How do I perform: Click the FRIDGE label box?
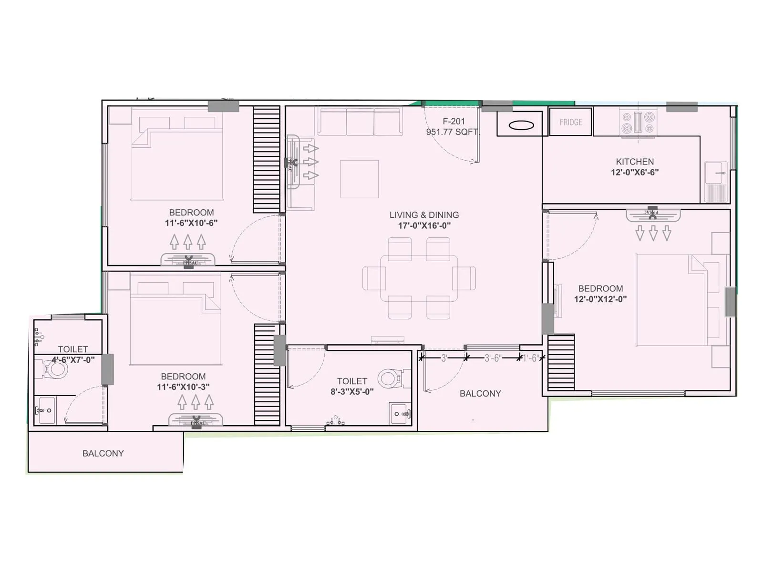[571, 122]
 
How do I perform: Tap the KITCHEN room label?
[635, 162]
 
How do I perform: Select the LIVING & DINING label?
[424, 215]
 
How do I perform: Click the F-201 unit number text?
[454, 121]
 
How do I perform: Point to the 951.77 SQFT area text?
[453, 132]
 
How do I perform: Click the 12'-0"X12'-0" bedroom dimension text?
[600, 299]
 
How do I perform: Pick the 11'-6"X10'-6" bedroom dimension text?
[191, 223]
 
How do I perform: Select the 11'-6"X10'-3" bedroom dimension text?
[183, 387]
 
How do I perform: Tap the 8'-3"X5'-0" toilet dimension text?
[352, 391]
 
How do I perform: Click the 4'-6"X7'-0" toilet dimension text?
[73, 360]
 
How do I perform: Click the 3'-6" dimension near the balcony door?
[493, 358]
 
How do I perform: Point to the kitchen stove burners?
[638, 123]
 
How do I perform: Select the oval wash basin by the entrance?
[521, 125]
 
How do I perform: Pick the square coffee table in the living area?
[360, 179]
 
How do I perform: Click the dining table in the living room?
[419, 279]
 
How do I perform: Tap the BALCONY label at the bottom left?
[103, 453]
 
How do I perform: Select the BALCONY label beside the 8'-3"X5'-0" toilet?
[480, 393]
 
